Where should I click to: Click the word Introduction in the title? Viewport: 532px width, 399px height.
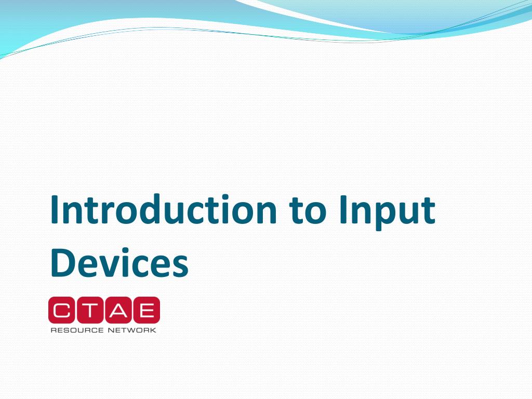(x=164, y=210)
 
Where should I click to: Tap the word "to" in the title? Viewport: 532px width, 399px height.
(x=309, y=210)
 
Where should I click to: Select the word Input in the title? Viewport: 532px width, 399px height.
(x=387, y=210)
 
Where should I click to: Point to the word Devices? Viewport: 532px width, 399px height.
(x=119, y=262)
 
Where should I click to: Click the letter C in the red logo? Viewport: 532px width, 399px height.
(x=62, y=310)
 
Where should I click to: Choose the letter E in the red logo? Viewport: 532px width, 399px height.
(x=146, y=310)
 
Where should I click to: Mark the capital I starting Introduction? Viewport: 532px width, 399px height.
(x=55, y=210)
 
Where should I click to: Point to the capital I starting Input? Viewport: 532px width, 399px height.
(x=345, y=210)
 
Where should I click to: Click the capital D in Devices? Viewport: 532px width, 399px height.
(x=63, y=262)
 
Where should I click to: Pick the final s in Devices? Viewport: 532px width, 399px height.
(x=179, y=265)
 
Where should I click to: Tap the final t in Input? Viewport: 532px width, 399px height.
(x=428, y=211)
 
